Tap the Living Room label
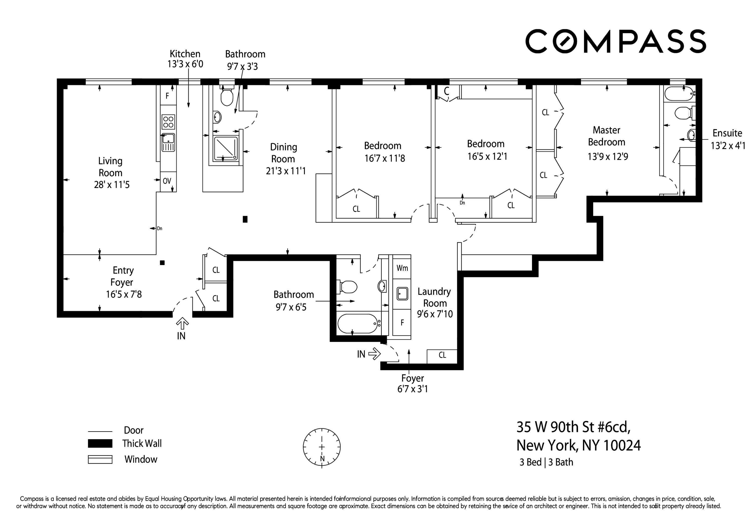pos(111,166)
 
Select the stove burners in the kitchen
pos(168,122)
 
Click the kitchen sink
pos(168,142)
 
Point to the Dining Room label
pos(283,153)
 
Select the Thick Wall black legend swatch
pos(100,443)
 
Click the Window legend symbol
pos(100,459)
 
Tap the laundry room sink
pos(402,293)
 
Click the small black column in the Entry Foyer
pos(162,262)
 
